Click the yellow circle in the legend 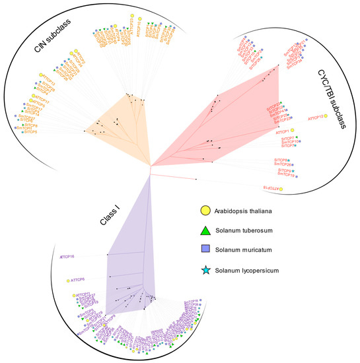click(x=206, y=211)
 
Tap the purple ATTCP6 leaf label click(x=80, y=280)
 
